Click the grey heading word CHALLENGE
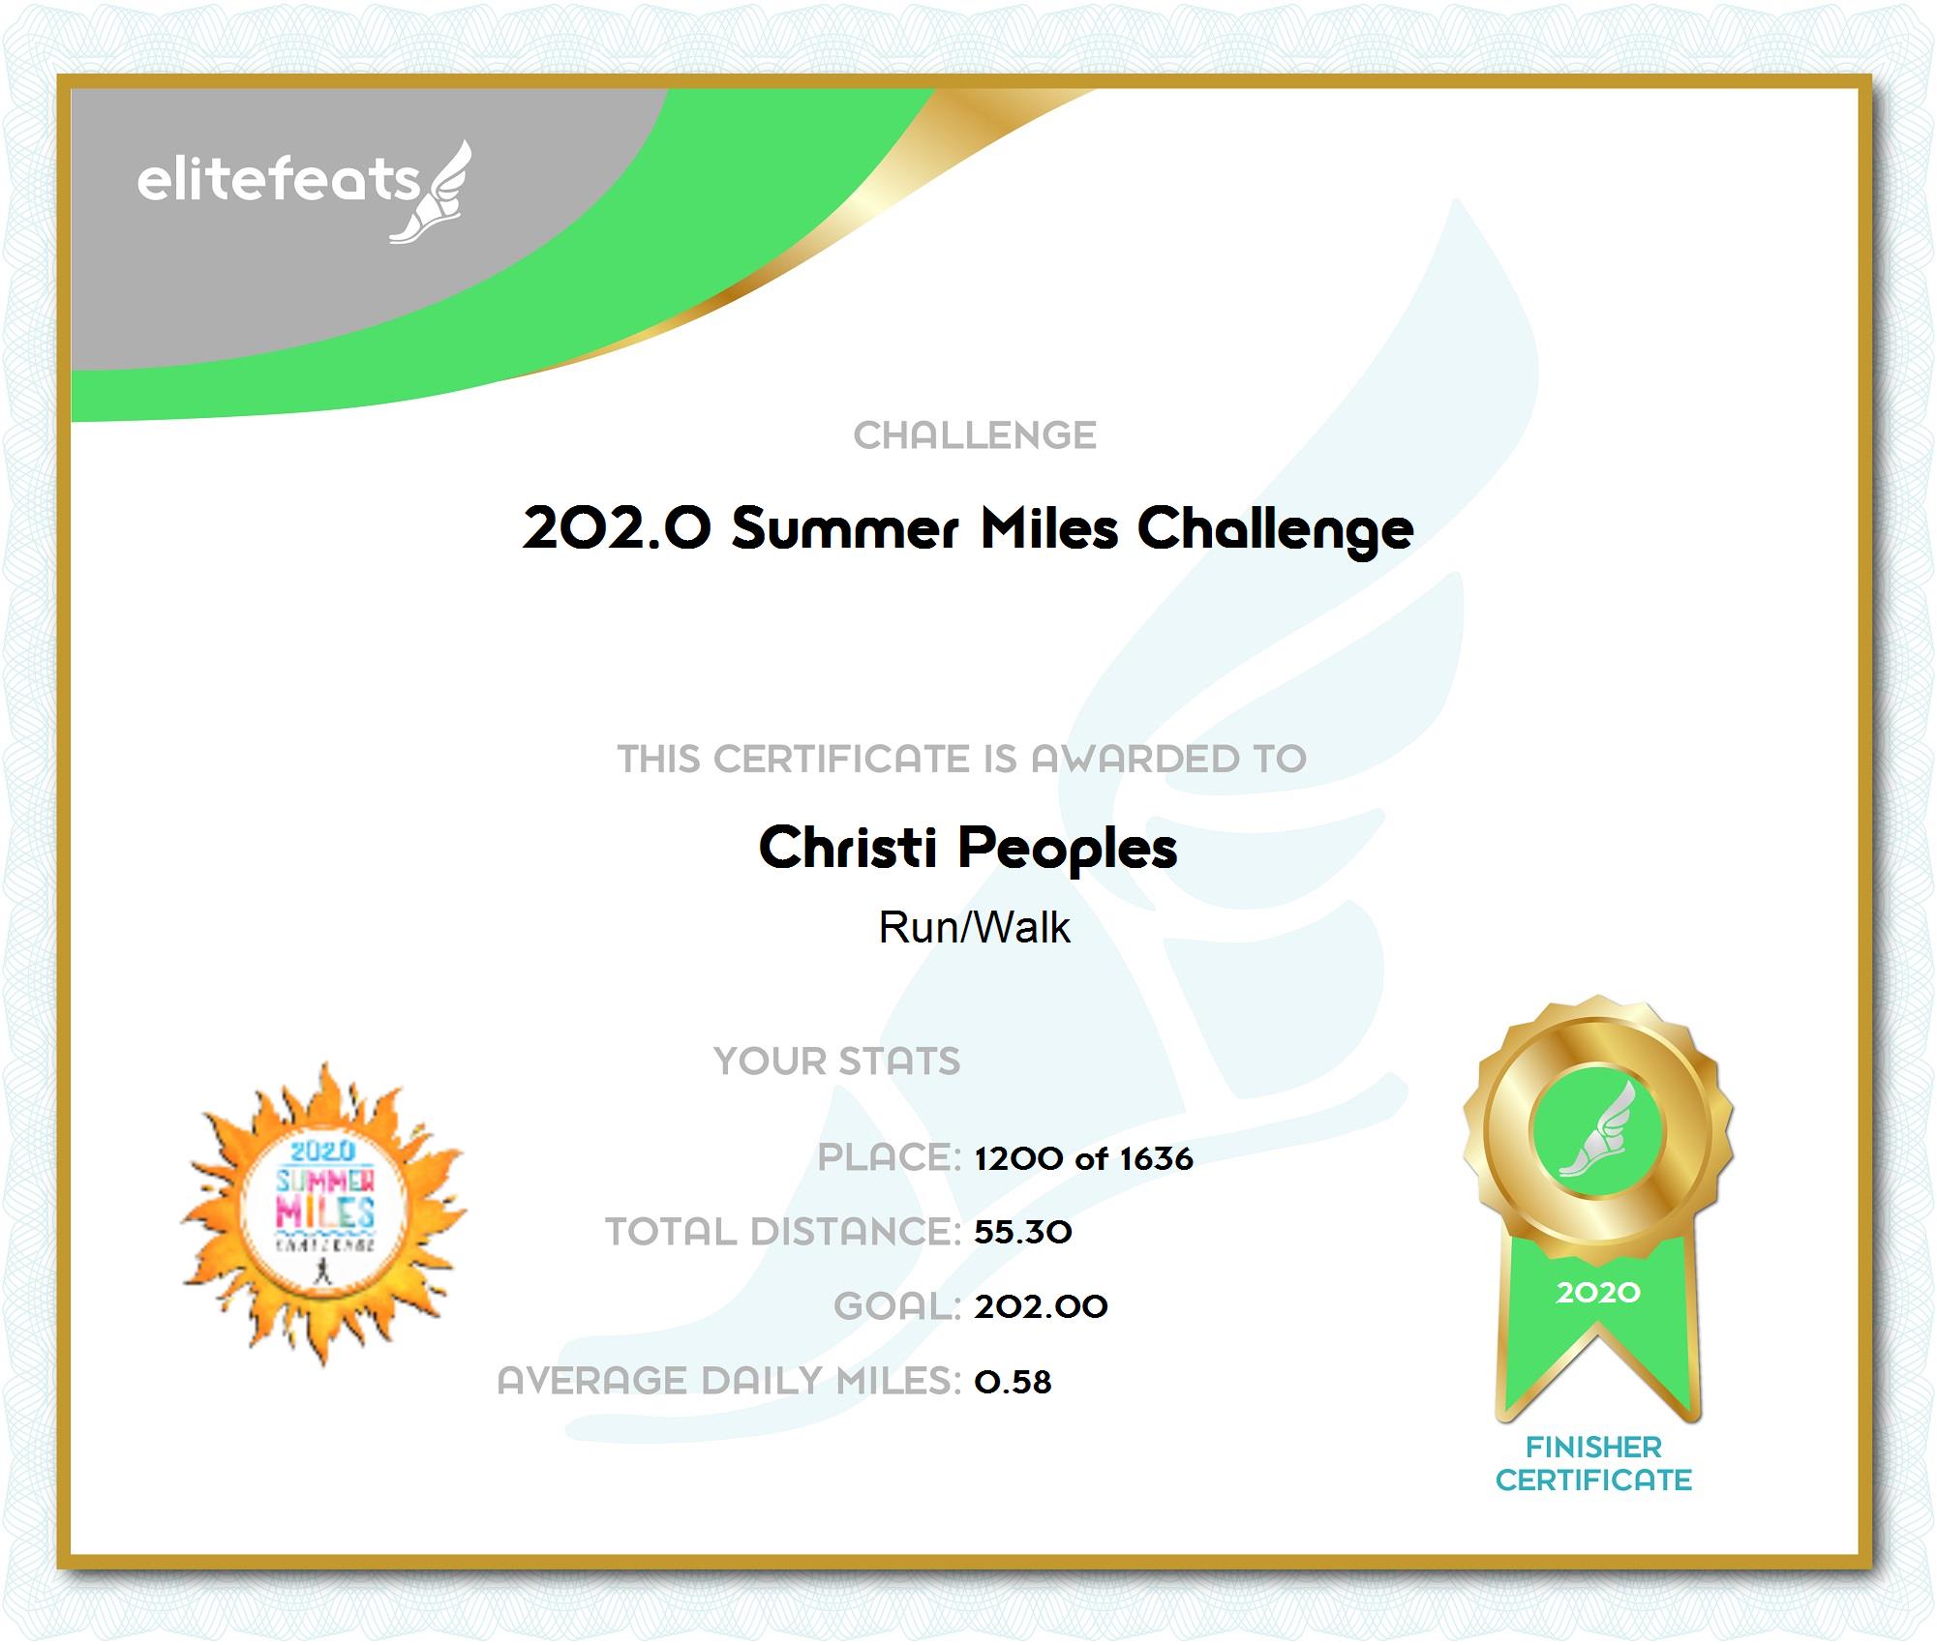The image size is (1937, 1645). [x=975, y=435]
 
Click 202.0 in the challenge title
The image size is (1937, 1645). [x=617, y=528]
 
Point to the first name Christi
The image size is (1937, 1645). [x=848, y=847]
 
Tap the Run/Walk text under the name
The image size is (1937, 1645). [x=974, y=927]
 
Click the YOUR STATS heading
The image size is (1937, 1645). [x=837, y=1062]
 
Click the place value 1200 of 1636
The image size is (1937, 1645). [x=1084, y=1158]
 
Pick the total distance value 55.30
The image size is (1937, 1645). [x=1023, y=1232]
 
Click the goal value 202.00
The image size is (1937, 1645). [x=1042, y=1307]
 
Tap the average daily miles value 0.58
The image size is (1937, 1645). [x=1013, y=1382]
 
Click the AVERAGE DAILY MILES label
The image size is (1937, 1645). [x=729, y=1381]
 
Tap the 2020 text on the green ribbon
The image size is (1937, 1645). [x=1598, y=1293]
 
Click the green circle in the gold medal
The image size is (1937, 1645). [x=1597, y=1129]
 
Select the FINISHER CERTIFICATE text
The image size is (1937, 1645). [x=1593, y=1463]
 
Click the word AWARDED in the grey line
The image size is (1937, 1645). [x=1135, y=759]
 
